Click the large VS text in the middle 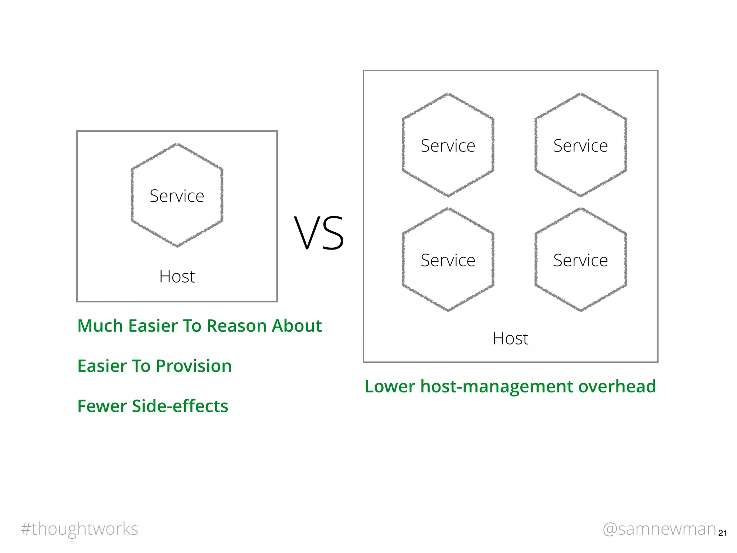click(319, 233)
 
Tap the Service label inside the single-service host click(177, 196)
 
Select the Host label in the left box click(177, 276)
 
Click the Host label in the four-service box click(510, 338)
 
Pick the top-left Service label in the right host click(448, 146)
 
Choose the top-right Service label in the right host click(580, 146)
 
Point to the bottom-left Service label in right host click(448, 260)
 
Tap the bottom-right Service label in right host click(580, 260)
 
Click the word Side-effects click(180, 406)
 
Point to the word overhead click(617, 386)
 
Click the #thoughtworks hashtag click(80, 529)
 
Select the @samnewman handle click(659, 529)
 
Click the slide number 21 click(722, 533)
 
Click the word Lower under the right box click(390, 386)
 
